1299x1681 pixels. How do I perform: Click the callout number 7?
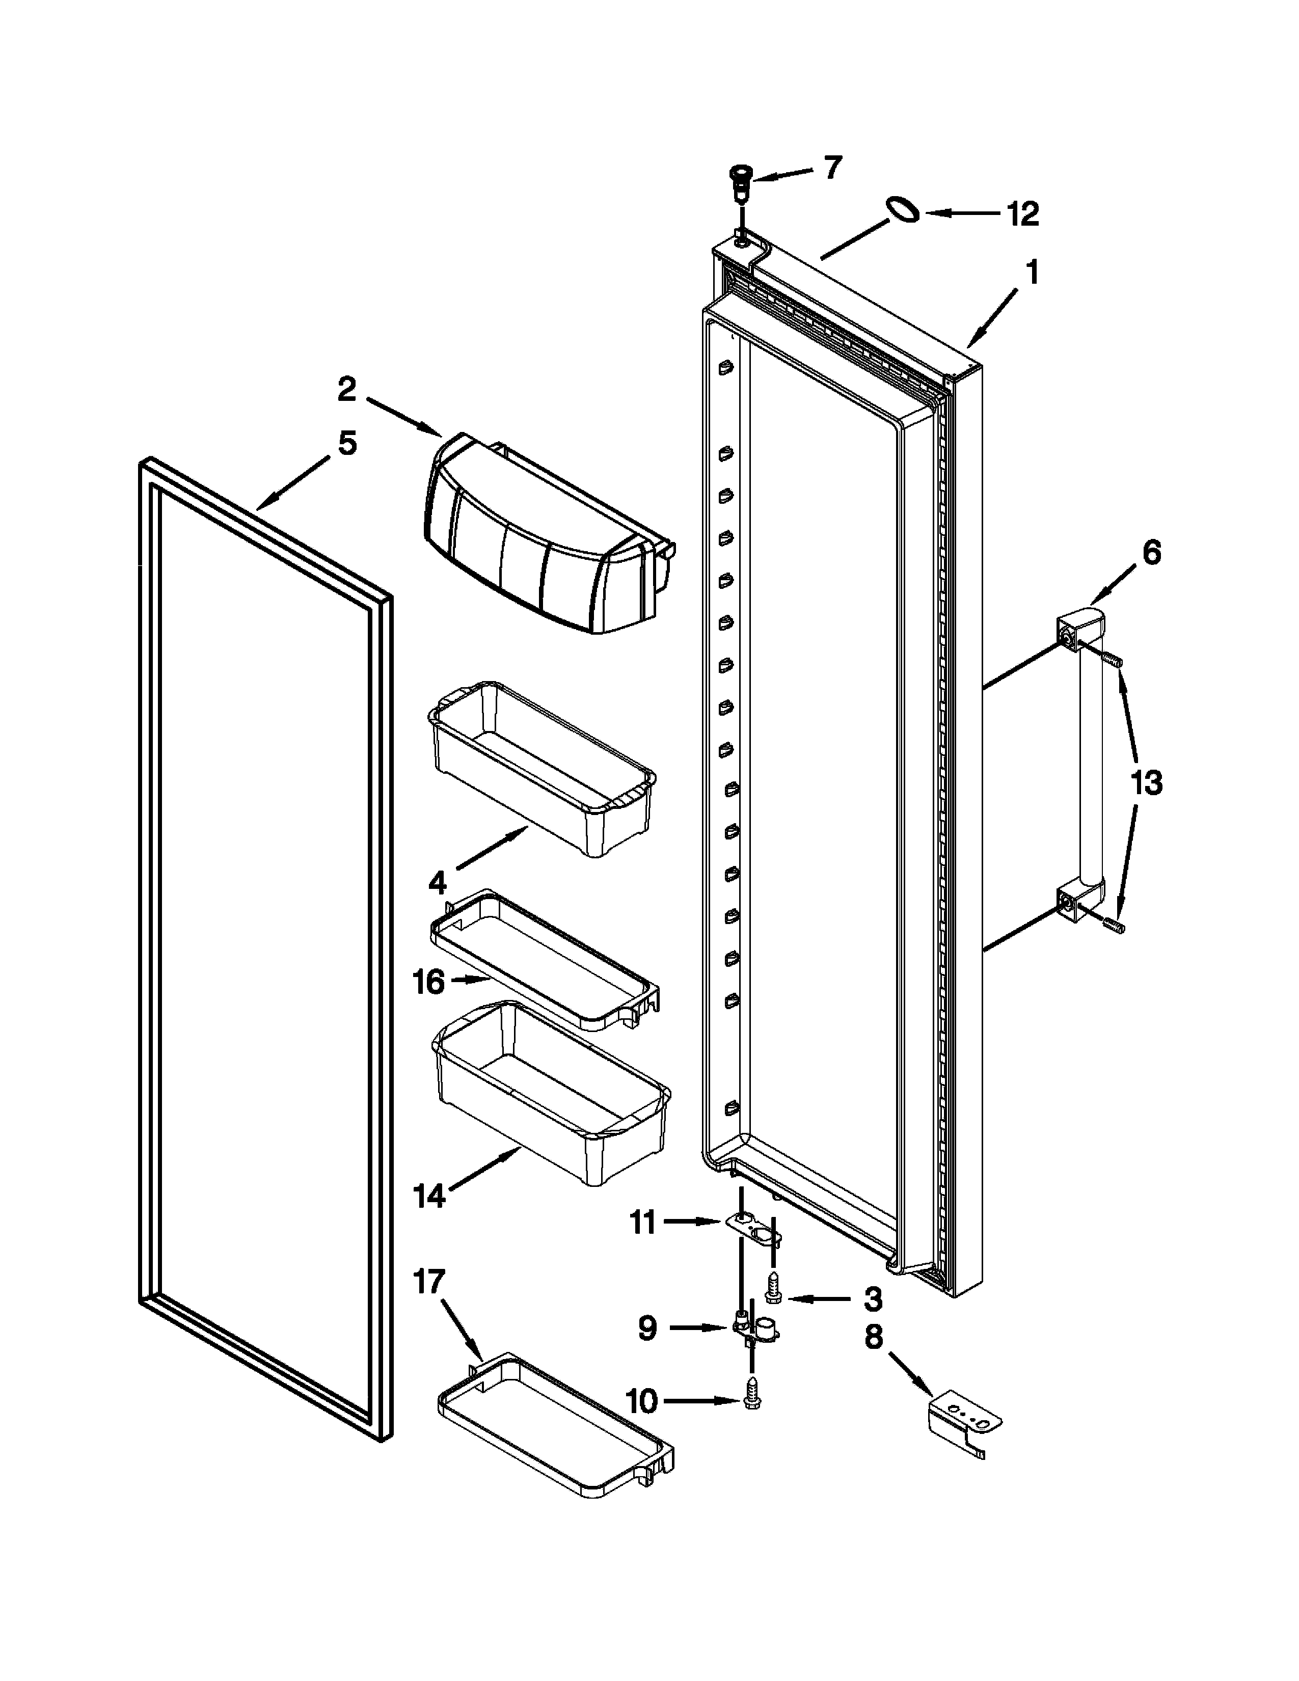pos(833,167)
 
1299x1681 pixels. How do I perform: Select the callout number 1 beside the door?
pos(1033,273)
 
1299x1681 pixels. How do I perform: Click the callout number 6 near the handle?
pos(1151,553)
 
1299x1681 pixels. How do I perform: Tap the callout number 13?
pos(1146,783)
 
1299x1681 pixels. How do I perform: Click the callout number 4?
pos(437,883)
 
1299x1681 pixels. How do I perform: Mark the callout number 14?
pos(428,1196)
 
